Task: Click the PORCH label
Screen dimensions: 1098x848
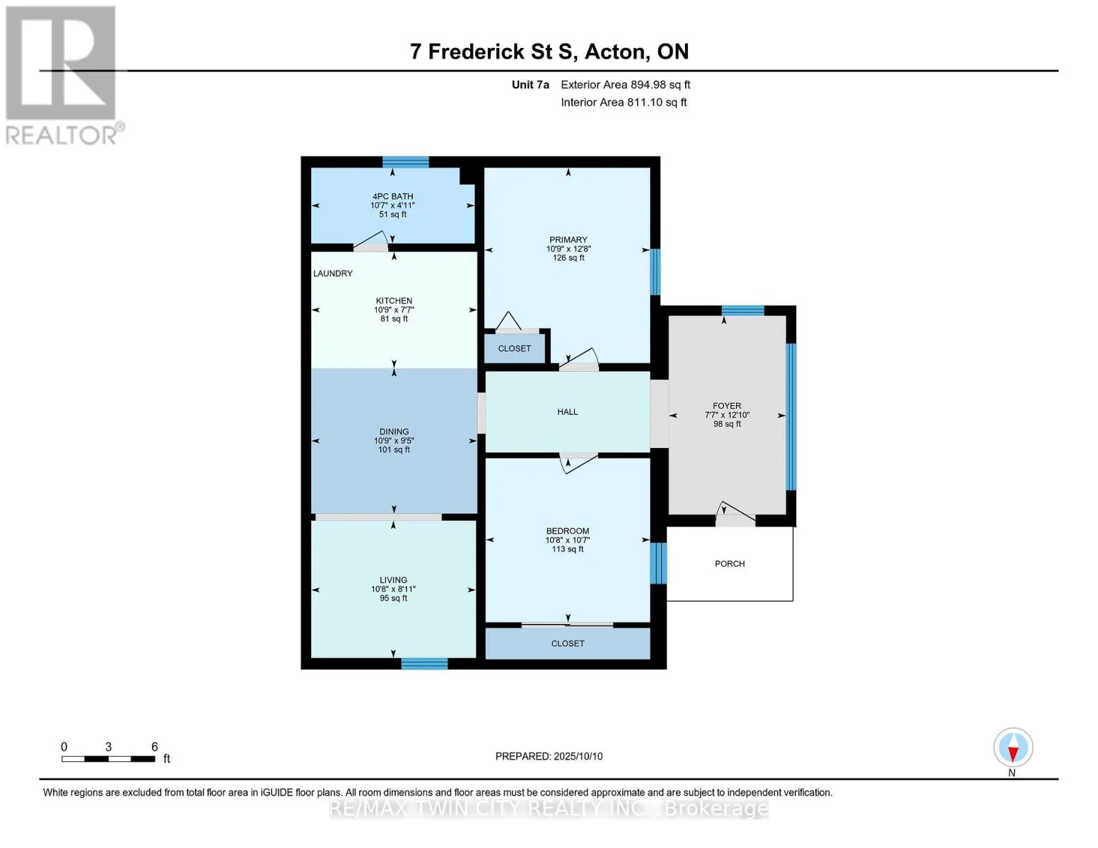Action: pyautogui.click(x=729, y=563)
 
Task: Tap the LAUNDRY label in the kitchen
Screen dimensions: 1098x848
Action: pyautogui.click(x=332, y=273)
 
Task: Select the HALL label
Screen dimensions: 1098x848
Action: pyautogui.click(x=567, y=411)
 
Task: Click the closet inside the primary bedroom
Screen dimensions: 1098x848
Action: pyautogui.click(x=515, y=348)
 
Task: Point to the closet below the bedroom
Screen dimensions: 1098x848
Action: pyautogui.click(x=568, y=643)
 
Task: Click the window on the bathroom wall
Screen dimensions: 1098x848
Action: pyautogui.click(x=405, y=162)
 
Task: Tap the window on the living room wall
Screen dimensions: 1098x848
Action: pyautogui.click(x=424, y=663)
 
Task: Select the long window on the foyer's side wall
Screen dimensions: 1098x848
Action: pyautogui.click(x=790, y=417)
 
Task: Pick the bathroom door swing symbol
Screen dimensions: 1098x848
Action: pyautogui.click(x=370, y=240)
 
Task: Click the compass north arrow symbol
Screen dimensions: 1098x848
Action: pyautogui.click(x=1012, y=748)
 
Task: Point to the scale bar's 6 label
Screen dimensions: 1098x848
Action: pyautogui.click(x=155, y=746)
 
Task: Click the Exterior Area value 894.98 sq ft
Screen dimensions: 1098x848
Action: pyautogui.click(x=660, y=85)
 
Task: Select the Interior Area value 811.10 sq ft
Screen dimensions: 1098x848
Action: pyautogui.click(x=657, y=102)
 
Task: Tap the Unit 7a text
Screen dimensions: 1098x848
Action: pyautogui.click(x=530, y=85)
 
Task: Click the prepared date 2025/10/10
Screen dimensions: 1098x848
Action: pyautogui.click(x=578, y=756)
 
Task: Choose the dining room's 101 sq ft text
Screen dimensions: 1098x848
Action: pyautogui.click(x=394, y=449)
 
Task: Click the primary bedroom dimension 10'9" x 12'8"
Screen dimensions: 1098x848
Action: pyautogui.click(x=568, y=249)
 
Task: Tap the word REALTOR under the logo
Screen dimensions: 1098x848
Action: pyautogui.click(x=62, y=136)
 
